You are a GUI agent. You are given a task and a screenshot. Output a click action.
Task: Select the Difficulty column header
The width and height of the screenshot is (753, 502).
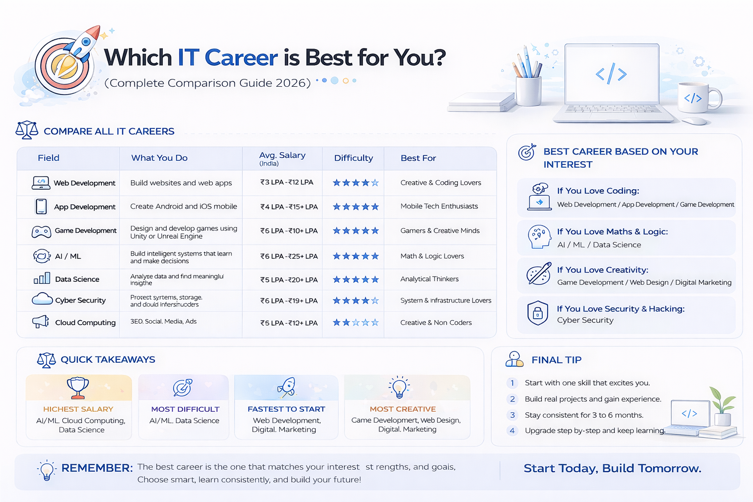click(x=353, y=158)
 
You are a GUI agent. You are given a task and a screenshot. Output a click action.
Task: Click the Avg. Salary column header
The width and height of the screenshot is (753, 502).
click(x=282, y=158)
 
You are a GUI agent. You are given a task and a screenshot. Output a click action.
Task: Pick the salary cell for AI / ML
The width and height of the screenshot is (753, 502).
click(x=289, y=256)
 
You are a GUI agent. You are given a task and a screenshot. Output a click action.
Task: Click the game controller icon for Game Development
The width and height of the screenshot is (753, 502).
click(x=41, y=231)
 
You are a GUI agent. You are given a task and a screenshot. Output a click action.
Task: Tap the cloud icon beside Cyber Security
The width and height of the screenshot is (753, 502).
click(x=42, y=299)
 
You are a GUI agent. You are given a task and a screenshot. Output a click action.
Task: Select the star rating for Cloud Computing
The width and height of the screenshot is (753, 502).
click(x=355, y=323)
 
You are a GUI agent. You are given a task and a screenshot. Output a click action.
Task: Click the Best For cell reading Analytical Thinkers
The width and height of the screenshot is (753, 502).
click(x=429, y=279)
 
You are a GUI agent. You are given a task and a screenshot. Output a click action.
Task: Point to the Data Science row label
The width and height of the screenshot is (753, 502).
click(x=77, y=279)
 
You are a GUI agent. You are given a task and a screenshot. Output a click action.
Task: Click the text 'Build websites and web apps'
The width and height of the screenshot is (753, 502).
click(x=181, y=183)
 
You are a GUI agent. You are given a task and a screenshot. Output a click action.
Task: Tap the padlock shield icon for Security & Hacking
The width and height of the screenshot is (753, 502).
click(x=537, y=313)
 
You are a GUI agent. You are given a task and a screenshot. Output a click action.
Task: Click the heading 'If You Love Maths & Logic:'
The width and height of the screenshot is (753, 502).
click(x=612, y=231)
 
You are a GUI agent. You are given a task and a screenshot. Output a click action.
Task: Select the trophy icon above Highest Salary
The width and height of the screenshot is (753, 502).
click(x=78, y=387)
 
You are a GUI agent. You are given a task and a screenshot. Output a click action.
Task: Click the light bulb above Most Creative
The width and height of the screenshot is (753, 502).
click(x=399, y=387)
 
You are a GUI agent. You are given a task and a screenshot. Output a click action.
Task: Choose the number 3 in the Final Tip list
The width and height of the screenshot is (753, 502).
click(x=512, y=415)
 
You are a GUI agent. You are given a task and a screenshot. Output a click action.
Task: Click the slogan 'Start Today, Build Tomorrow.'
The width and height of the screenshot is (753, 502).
click(x=612, y=469)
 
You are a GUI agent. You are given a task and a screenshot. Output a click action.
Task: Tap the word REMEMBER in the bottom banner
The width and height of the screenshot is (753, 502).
click(x=97, y=468)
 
